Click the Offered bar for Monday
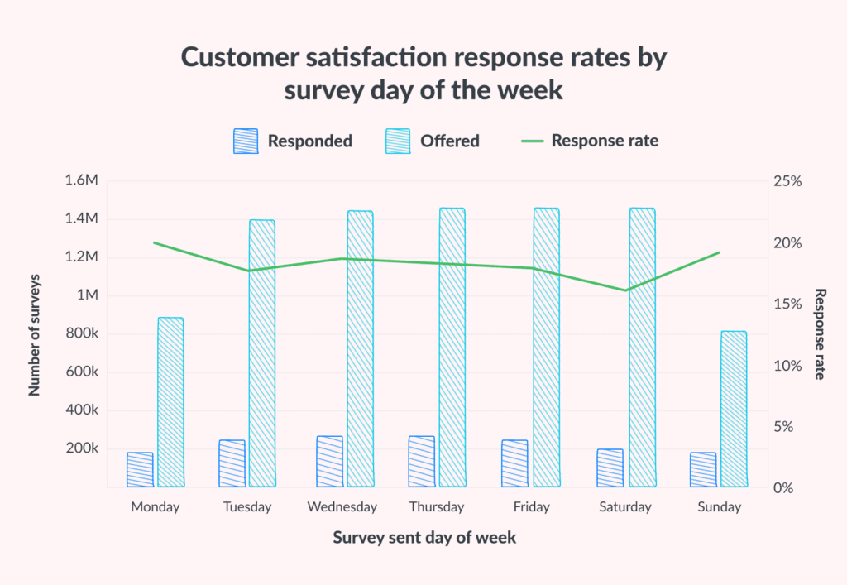[x=170, y=402]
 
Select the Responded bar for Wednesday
[x=329, y=462]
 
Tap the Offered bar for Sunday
[x=734, y=409]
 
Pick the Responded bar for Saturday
[x=610, y=468]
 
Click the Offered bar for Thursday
[x=452, y=348]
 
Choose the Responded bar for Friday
[x=514, y=463]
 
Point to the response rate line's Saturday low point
[x=625, y=290]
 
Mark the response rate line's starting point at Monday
[x=155, y=242]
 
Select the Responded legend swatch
[x=246, y=141]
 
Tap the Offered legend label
[x=449, y=141]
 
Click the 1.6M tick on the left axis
[x=81, y=181]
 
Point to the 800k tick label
[x=81, y=334]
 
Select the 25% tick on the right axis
[x=787, y=181]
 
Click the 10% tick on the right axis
[x=787, y=366]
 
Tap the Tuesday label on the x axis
[x=247, y=507]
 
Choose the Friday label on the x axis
[x=531, y=507]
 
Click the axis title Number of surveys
[x=35, y=334]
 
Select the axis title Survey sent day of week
[x=424, y=538]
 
